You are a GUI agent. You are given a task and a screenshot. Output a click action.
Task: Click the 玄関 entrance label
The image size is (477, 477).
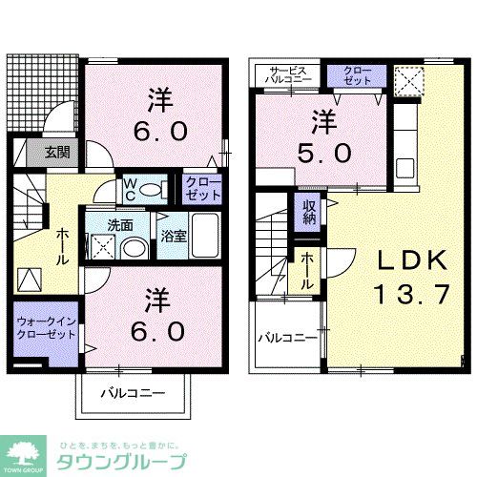click(x=48, y=151)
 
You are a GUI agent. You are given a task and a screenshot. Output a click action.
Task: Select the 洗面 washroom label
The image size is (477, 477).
click(x=119, y=226)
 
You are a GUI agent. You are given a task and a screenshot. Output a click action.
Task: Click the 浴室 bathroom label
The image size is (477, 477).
click(x=173, y=234)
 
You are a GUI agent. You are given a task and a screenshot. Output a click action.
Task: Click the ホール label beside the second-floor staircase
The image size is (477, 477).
click(x=307, y=261)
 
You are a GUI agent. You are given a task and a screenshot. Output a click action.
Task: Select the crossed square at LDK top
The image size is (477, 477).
click(x=408, y=78)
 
